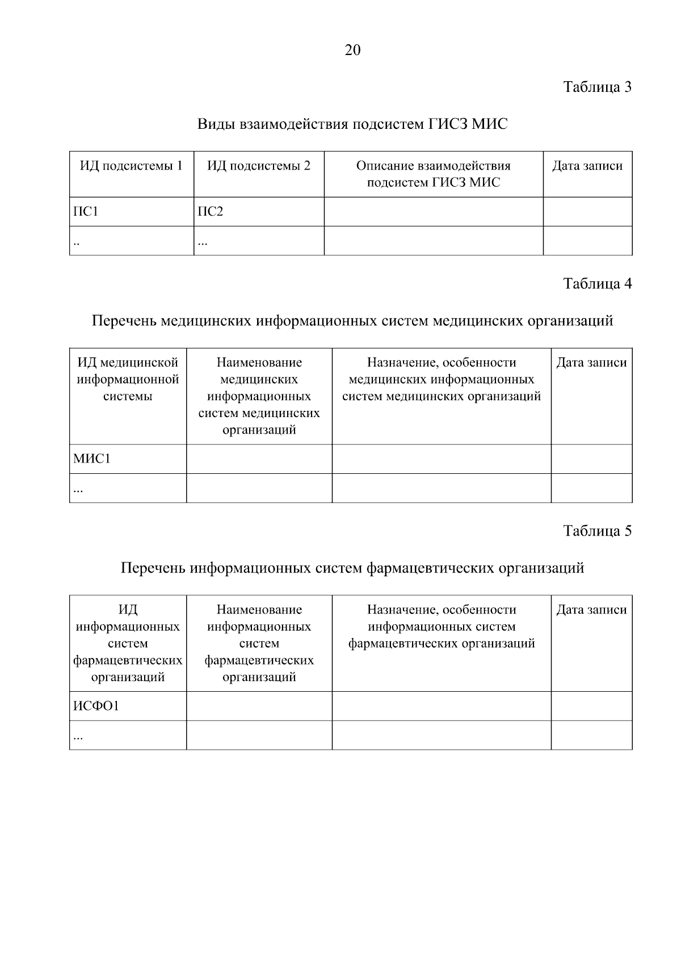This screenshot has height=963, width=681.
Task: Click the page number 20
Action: point(352,51)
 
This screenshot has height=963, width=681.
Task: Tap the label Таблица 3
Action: point(597,87)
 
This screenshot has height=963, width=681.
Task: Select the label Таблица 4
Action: point(597,284)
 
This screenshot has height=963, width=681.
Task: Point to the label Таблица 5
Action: point(597,531)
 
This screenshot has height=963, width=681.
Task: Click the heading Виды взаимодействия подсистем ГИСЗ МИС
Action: point(352,124)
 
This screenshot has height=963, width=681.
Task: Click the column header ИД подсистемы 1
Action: point(131,166)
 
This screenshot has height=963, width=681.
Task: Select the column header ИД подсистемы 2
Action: point(259,166)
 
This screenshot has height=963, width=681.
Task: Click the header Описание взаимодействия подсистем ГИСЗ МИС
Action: point(433,174)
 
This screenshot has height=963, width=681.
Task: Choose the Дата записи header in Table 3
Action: point(587,166)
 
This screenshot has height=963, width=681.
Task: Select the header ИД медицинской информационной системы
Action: point(128,379)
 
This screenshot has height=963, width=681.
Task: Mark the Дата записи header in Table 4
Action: point(591,363)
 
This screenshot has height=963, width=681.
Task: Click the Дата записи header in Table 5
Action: point(591,610)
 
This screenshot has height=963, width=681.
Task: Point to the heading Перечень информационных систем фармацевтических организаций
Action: point(352,568)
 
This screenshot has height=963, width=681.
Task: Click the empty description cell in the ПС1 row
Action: point(433,212)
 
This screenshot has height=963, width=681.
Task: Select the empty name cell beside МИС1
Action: point(259,459)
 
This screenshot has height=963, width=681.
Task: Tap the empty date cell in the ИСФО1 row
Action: point(591,706)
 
